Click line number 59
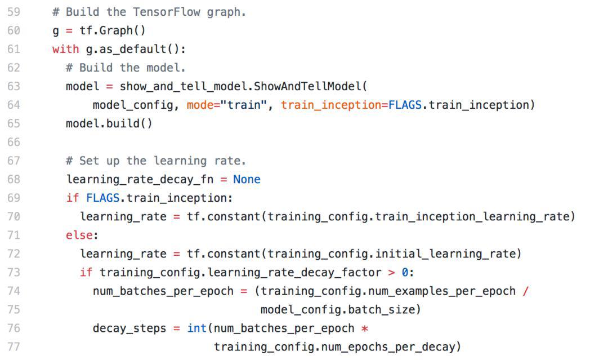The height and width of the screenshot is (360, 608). [x=14, y=12]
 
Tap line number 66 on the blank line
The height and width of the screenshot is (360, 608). [x=14, y=142]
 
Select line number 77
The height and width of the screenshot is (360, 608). [x=14, y=346]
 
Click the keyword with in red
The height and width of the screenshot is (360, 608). [x=65, y=49]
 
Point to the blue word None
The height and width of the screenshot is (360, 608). [x=247, y=179]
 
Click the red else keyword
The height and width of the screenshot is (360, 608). [x=79, y=235]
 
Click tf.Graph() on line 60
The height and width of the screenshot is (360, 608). [x=113, y=30]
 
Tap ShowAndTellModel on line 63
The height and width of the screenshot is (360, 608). [x=307, y=86]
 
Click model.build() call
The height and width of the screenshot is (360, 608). [x=109, y=123]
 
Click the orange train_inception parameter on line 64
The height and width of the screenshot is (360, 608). [x=331, y=105]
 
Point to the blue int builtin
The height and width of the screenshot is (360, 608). [x=197, y=328]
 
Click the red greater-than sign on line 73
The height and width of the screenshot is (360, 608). [x=392, y=273]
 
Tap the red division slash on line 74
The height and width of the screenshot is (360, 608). [x=526, y=291]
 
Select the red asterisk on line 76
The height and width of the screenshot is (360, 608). [x=364, y=328]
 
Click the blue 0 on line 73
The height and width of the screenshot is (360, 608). [x=405, y=272]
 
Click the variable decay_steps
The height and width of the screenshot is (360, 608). [x=129, y=328]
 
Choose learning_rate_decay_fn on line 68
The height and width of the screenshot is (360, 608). [x=140, y=180]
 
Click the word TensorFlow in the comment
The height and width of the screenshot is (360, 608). [x=166, y=12]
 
